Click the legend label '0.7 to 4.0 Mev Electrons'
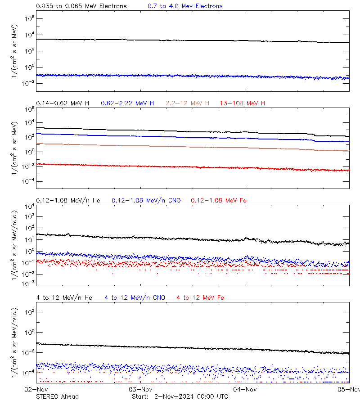(185, 6)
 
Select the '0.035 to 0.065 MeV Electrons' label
(81, 6)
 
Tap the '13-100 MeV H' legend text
(243, 103)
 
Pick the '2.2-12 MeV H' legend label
(188, 103)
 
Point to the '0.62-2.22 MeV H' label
(127, 103)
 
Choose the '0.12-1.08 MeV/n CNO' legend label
(146, 200)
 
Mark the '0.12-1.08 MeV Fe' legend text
(219, 200)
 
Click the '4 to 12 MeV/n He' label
(64, 297)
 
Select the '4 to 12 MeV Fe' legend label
(200, 297)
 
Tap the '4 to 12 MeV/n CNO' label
(135, 297)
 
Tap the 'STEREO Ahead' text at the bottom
(57, 396)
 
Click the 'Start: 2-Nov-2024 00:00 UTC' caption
(180, 396)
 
